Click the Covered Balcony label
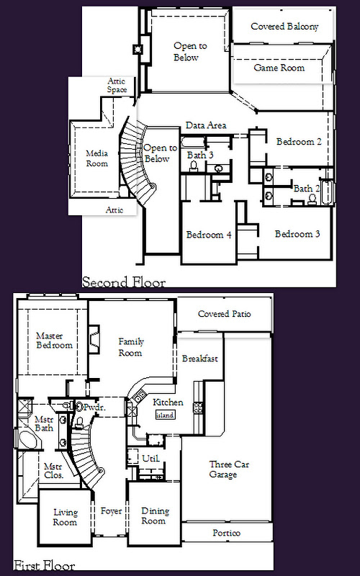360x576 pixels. tap(284, 27)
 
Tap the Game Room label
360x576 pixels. tap(279, 68)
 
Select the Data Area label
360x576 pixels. tap(206, 125)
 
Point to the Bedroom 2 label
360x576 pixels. tap(299, 141)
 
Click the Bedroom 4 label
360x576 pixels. tap(209, 235)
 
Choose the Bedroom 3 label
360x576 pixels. tap(297, 234)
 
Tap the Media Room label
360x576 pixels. tap(97, 158)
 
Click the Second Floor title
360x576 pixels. tap(124, 282)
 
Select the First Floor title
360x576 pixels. tap(45, 565)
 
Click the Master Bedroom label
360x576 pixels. tap(55, 341)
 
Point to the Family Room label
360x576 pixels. tap(130, 347)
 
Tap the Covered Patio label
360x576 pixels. tap(225, 314)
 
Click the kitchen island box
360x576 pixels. tap(165, 415)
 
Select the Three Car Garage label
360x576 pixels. tap(229, 469)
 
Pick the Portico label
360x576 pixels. tap(226, 533)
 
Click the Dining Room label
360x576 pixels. tap(156, 516)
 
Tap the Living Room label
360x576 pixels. tap(65, 517)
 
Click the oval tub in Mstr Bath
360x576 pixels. tap(27, 440)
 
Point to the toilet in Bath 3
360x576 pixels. tap(194, 166)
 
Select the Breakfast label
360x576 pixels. tap(200, 359)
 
